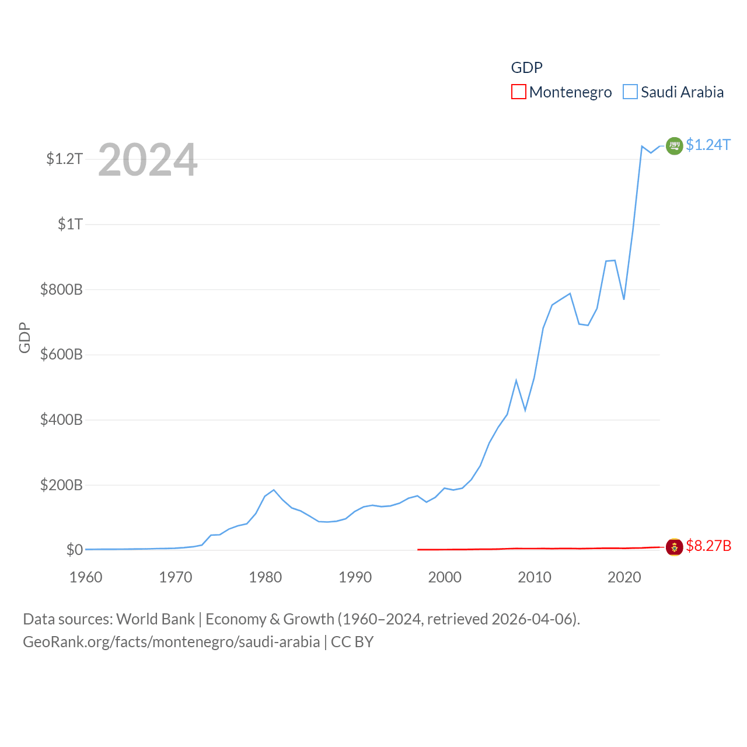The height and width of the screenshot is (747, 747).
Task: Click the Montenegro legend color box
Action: (519, 92)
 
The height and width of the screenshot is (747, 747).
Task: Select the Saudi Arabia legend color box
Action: (630, 92)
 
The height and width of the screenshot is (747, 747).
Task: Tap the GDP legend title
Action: (526, 68)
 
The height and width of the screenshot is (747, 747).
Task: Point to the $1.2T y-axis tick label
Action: (64, 159)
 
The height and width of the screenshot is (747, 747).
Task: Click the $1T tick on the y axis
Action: (70, 224)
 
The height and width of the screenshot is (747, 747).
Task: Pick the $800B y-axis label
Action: (61, 289)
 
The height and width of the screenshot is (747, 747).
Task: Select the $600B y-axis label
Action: (61, 355)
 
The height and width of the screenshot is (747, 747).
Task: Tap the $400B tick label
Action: (61, 420)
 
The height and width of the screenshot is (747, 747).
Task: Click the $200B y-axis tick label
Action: (61, 485)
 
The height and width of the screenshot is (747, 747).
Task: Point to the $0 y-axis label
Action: (74, 550)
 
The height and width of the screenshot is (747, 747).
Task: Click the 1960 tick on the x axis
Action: (86, 577)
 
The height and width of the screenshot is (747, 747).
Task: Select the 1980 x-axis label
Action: (266, 577)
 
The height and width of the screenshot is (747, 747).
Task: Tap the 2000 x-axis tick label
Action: (445, 577)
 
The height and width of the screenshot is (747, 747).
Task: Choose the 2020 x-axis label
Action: (624, 577)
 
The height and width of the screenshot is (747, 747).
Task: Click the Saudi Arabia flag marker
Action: (674, 145)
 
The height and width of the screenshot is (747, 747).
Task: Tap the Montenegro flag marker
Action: (674, 547)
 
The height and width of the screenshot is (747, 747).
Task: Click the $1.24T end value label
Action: (708, 145)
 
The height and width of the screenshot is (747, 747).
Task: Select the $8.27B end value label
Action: (708, 546)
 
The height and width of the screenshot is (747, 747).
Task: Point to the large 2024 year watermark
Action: (148, 160)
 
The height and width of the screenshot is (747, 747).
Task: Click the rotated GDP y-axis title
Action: (25, 337)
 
